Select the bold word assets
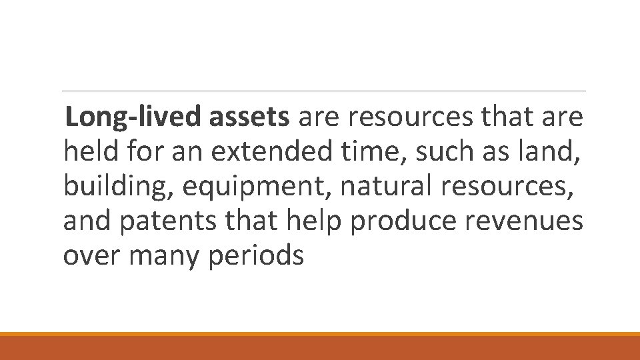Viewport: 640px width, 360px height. (249, 117)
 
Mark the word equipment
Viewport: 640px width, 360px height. (256, 187)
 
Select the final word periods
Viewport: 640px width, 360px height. (256, 257)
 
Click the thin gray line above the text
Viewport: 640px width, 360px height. (323, 91)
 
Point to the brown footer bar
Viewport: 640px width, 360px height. (320, 347)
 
